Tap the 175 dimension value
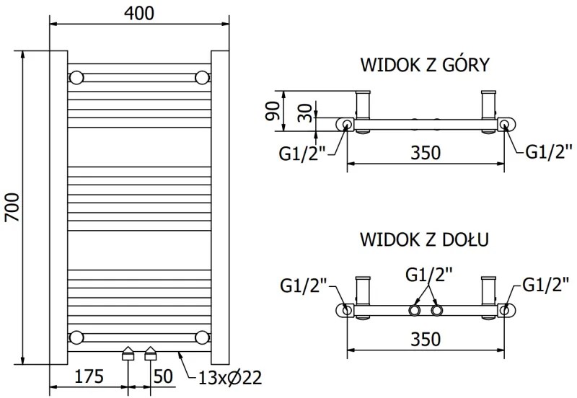[89, 376]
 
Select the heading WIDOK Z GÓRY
[425, 66]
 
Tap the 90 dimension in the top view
[272, 112]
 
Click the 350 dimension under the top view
[426, 152]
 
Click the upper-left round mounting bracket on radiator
[77, 77]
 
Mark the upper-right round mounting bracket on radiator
[203, 77]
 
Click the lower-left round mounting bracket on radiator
[77, 337]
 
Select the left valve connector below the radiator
[128, 353]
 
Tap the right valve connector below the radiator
[150, 353]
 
